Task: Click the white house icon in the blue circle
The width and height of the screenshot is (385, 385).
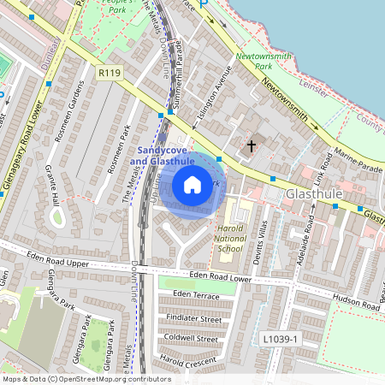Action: (x=192, y=184)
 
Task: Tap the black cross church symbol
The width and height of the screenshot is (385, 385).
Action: (x=252, y=146)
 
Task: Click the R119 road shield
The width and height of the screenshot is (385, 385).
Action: (x=109, y=74)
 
